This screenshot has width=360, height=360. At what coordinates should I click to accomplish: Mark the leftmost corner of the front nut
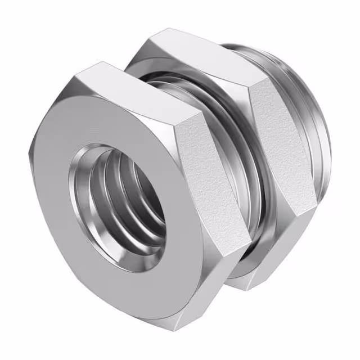coord(29,152)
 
